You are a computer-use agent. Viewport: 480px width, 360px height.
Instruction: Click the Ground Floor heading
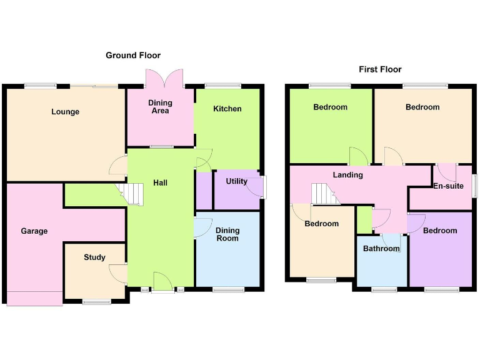coord(133,56)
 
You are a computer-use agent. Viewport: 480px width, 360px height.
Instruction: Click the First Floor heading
coord(380,69)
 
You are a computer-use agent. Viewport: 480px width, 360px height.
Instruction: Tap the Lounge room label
coord(66,112)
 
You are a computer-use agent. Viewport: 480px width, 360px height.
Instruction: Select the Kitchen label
coord(227,109)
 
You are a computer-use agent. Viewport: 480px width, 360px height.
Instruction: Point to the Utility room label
coord(237,182)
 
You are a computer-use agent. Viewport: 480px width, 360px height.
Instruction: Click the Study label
coord(94,257)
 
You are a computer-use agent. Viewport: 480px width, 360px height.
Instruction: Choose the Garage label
coord(34,231)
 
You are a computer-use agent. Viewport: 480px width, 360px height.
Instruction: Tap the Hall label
coord(160,183)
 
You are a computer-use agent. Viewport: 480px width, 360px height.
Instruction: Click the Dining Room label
coord(227,234)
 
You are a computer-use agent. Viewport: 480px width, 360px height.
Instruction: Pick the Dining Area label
coord(160,107)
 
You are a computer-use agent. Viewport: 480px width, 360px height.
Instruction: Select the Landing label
coord(347,175)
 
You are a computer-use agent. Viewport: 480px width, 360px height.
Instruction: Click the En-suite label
coord(449,186)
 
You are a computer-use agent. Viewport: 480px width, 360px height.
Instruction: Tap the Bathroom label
coord(381,249)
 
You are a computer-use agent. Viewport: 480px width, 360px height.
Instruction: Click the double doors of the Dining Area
coord(164,79)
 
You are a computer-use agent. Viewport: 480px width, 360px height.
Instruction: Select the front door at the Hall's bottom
coord(162,281)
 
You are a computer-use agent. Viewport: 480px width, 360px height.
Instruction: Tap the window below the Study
coord(96,302)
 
